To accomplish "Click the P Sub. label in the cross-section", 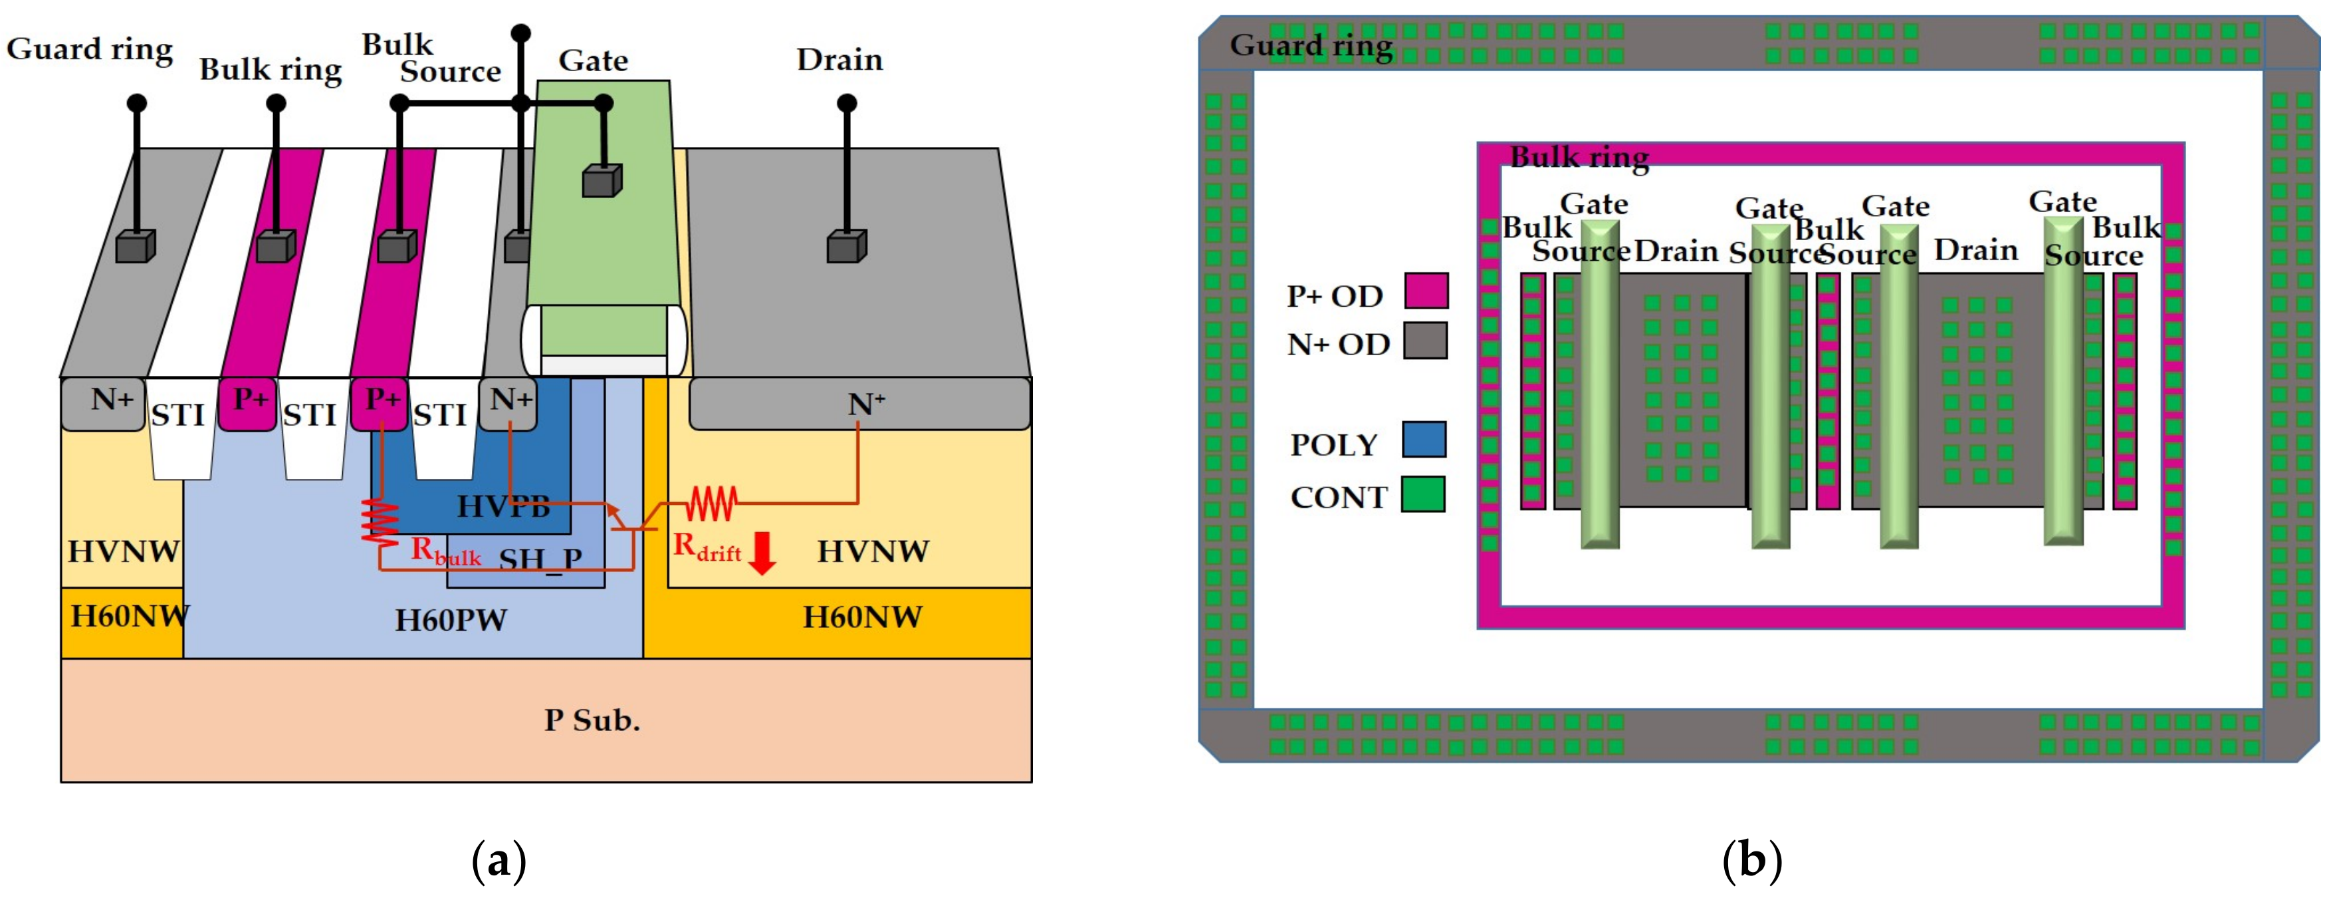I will pyautogui.click(x=592, y=720).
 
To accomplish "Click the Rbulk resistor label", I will pyautogui.click(x=445, y=551).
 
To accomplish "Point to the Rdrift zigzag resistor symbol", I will pyautogui.click(x=712, y=504).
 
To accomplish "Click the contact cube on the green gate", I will pyautogui.click(x=602, y=180).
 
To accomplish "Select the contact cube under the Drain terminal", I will pyautogui.click(x=846, y=247).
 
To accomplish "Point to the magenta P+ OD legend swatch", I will pyautogui.click(x=1426, y=291).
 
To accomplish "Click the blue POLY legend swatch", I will pyautogui.click(x=1424, y=440).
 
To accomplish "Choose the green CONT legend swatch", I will pyautogui.click(x=1423, y=495).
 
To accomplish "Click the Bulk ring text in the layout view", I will pyautogui.click(x=1579, y=157).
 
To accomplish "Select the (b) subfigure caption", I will pyautogui.click(x=1751, y=860).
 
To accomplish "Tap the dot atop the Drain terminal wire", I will pyautogui.click(x=846, y=103).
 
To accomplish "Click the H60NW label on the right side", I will pyautogui.click(x=861, y=617).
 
